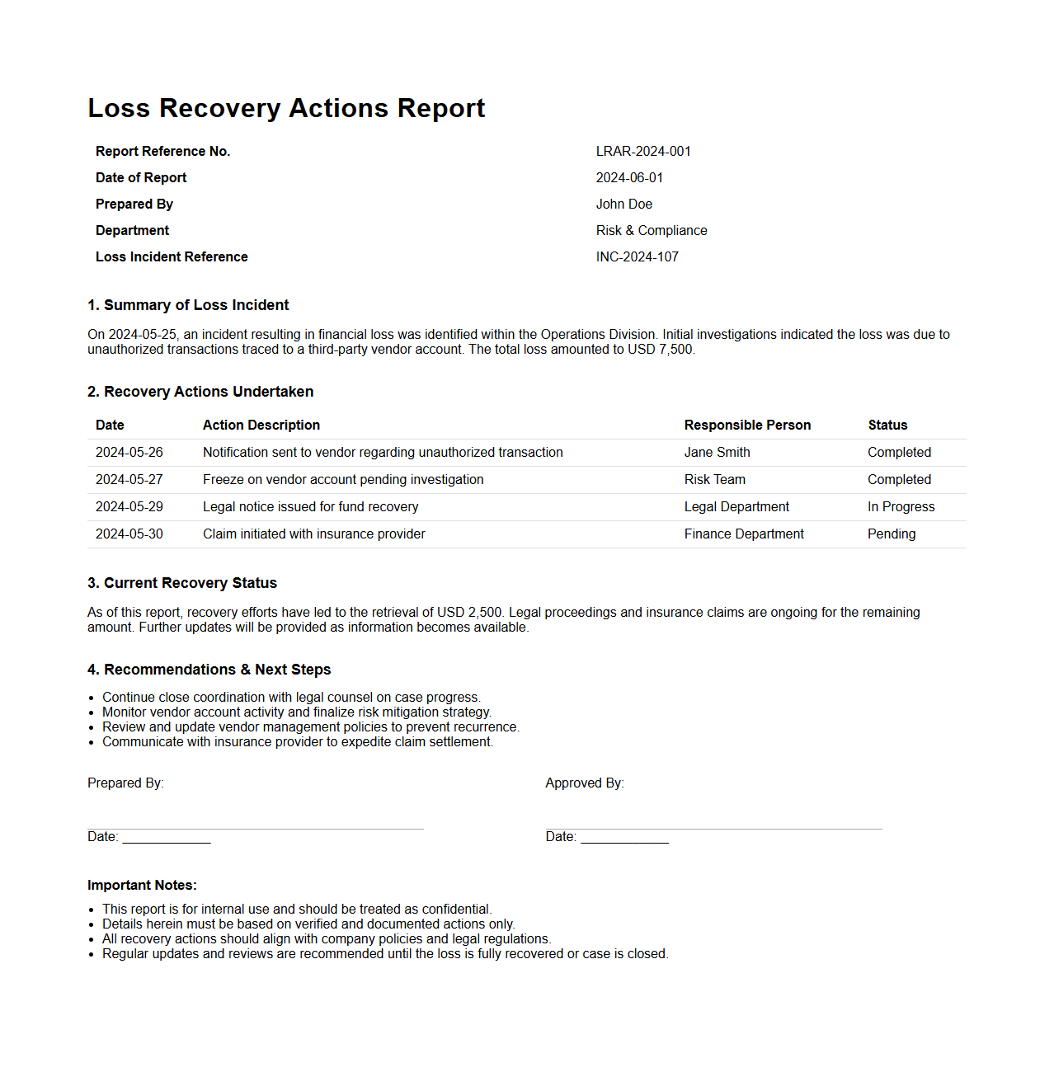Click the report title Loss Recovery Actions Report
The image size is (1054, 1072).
click(x=286, y=108)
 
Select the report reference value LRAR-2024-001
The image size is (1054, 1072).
click(x=643, y=152)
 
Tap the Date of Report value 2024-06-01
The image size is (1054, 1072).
click(x=629, y=178)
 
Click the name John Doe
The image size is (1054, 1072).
click(x=623, y=205)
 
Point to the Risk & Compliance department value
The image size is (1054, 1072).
click(x=651, y=231)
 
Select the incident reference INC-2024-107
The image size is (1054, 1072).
click(x=637, y=257)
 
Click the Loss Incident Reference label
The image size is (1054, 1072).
click(x=172, y=257)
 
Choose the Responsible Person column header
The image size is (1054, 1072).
click(x=747, y=426)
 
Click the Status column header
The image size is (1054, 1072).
click(x=887, y=426)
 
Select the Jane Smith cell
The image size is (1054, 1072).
click(x=717, y=453)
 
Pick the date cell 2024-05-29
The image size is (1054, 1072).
click(x=129, y=507)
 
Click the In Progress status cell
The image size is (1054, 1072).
click(x=901, y=507)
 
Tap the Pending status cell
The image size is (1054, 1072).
click(x=891, y=534)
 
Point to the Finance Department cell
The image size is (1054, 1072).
click(x=744, y=534)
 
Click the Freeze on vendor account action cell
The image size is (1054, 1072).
click(x=343, y=480)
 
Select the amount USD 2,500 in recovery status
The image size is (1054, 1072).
click(x=469, y=613)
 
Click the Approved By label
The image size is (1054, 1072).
click(x=584, y=783)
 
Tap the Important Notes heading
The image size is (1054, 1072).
click(x=142, y=886)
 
